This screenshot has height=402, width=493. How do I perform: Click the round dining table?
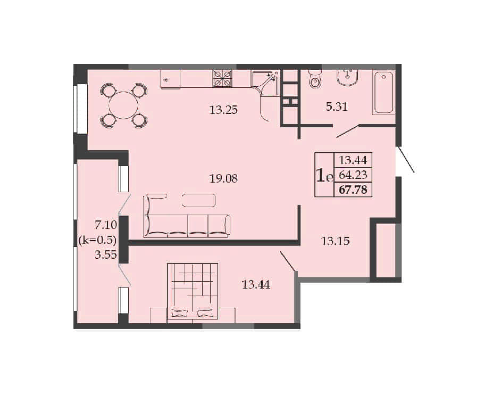[x=123, y=105]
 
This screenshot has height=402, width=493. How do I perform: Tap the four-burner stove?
[x=223, y=78]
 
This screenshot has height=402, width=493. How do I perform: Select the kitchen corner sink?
[x=265, y=83]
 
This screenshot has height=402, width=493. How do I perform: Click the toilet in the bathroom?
[x=314, y=79]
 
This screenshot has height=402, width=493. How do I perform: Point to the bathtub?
[x=383, y=92]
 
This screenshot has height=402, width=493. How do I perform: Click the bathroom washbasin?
[x=347, y=77]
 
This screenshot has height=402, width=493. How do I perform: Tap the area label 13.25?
[x=223, y=110]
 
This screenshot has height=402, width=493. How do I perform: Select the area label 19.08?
[x=223, y=178]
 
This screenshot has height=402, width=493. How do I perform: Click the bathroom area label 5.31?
[x=337, y=106]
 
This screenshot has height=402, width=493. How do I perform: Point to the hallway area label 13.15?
[x=336, y=241]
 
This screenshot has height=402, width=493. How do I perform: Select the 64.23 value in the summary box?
[x=353, y=175]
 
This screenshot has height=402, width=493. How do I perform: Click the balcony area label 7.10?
[x=106, y=225]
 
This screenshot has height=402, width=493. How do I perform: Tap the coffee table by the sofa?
[x=199, y=201]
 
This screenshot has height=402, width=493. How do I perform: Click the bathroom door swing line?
[x=348, y=132]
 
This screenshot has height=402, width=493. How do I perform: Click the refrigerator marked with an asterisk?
[x=170, y=79]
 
